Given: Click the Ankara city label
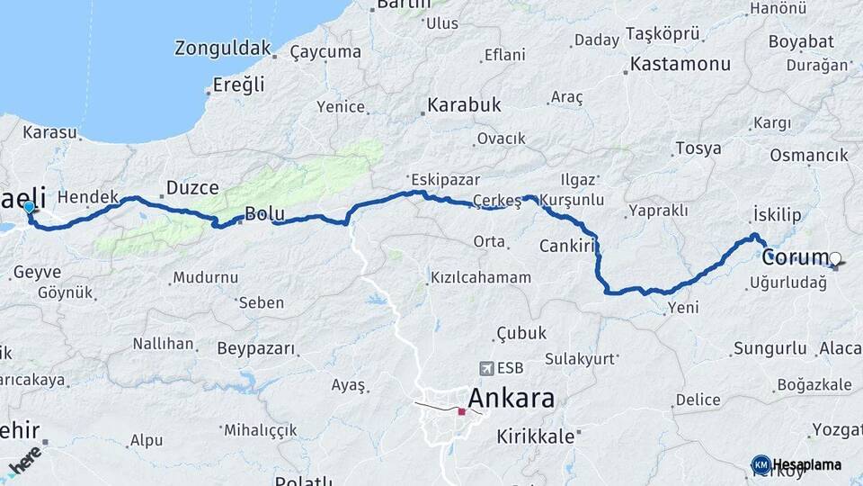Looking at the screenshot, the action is tap(511, 399).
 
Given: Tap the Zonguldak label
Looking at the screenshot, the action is tap(223, 48).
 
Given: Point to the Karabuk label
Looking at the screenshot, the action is tap(464, 105).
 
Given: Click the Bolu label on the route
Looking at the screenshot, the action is tap(264, 215).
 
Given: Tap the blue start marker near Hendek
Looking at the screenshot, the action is tap(29, 208).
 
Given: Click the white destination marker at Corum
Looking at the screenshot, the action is tap(835, 259).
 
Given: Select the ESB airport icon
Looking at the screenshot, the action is tap(487, 367).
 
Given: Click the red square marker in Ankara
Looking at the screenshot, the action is tap(461, 411).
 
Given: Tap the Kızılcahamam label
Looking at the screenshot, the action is tap(481, 277).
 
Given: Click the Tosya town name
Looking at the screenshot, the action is tap(698, 148).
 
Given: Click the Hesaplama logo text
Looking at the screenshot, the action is tap(805, 464).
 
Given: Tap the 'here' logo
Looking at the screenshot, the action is tap(24, 460).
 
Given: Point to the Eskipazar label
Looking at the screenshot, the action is tap(445, 179).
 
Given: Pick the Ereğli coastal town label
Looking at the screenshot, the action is tap(239, 85).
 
